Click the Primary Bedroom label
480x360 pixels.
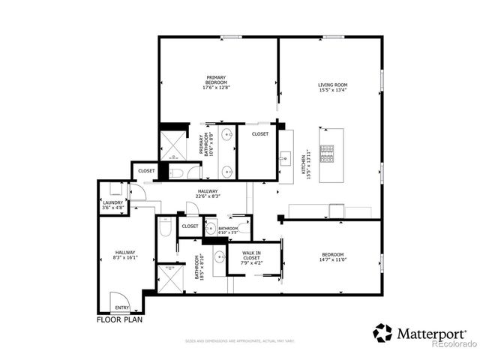(217, 82)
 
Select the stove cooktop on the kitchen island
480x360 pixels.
(327, 153)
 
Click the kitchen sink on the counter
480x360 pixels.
(286, 158)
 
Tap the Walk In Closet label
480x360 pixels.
(252, 256)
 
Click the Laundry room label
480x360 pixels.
(112, 204)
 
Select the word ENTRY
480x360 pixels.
(121, 307)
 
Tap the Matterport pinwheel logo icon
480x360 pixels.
(383, 331)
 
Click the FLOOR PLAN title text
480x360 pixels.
(120, 319)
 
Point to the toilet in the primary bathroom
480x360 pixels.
(177, 172)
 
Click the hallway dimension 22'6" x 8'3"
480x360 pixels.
(208, 196)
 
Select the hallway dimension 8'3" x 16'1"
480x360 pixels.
(125, 258)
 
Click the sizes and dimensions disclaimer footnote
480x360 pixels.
(239, 340)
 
